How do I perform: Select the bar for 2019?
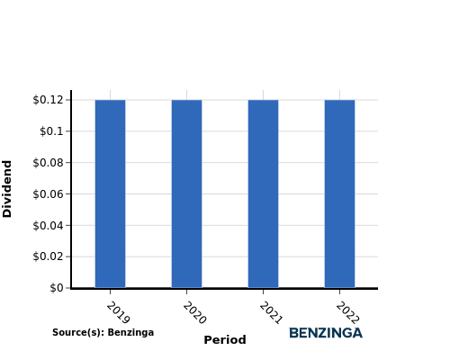(110, 193)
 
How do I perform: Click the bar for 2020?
(186, 193)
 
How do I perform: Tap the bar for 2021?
(263, 193)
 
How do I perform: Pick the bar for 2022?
(339, 193)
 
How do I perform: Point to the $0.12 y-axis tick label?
(49, 100)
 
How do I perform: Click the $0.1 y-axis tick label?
(52, 131)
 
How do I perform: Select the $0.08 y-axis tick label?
(49, 163)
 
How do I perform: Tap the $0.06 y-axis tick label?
(49, 194)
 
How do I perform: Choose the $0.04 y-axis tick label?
(49, 225)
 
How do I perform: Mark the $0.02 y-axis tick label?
(49, 256)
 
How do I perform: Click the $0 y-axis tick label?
(57, 288)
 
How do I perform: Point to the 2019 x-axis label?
(118, 313)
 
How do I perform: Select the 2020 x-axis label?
(194, 313)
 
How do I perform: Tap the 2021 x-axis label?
(271, 313)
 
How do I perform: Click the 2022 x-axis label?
(347, 313)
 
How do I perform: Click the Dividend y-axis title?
(6, 189)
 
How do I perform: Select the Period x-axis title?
(225, 340)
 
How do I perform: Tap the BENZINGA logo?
(326, 333)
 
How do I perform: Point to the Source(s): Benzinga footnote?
(103, 332)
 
